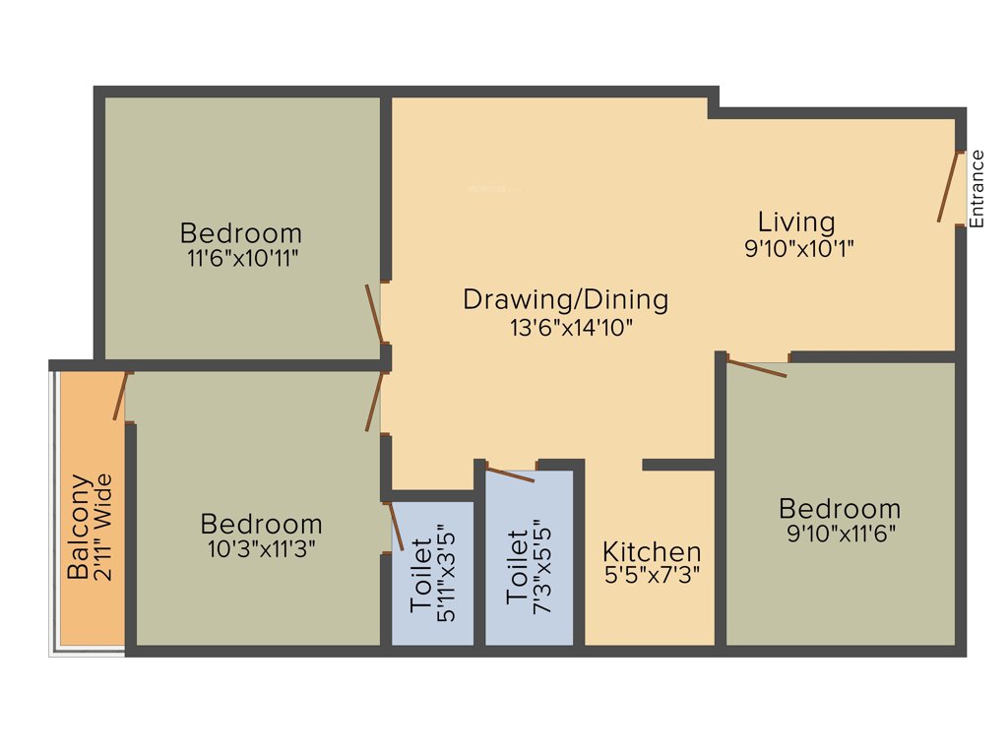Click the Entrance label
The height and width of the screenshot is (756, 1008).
(x=976, y=189)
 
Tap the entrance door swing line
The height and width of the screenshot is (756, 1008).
(x=950, y=187)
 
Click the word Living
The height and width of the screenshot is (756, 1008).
(x=796, y=221)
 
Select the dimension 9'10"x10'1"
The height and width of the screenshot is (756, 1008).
(x=798, y=248)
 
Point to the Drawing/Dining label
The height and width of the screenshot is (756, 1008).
(x=566, y=298)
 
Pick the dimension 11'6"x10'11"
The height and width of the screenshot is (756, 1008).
(x=240, y=259)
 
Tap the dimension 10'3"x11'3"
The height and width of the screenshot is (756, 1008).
(x=261, y=549)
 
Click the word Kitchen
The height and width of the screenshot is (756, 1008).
(x=652, y=551)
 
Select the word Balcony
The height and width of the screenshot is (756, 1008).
(x=79, y=528)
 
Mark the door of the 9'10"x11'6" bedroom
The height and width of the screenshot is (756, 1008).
(x=756, y=368)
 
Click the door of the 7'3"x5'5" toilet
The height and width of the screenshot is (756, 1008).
(x=510, y=474)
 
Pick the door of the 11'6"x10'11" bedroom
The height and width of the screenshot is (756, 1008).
(x=374, y=314)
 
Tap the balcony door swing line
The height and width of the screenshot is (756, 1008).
(x=121, y=396)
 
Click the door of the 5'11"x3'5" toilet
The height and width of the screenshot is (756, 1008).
(x=396, y=526)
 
